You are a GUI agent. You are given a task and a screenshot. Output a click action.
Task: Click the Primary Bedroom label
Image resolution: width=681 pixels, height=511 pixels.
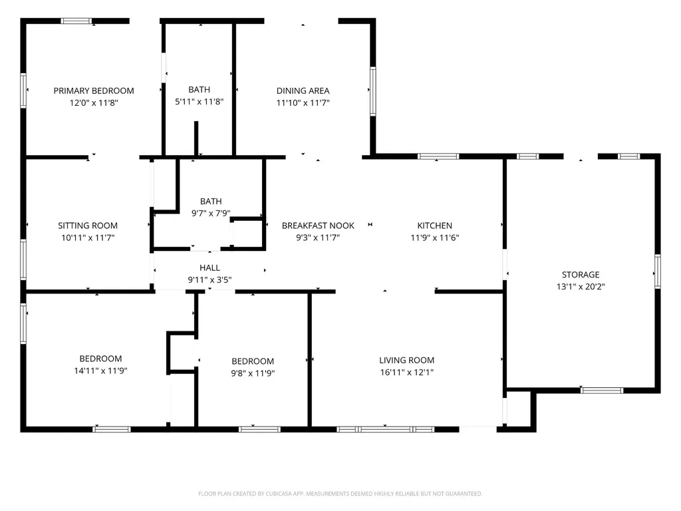(x=94, y=90)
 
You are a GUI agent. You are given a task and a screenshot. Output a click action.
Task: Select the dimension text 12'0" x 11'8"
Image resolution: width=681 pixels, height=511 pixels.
(x=94, y=103)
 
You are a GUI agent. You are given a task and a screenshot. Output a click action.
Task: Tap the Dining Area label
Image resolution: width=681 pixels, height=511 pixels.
(x=303, y=90)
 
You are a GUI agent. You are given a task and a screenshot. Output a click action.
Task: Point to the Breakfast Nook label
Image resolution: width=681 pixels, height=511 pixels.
(x=318, y=226)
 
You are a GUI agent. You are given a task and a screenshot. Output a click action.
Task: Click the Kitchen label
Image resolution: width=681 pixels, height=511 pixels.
(x=435, y=226)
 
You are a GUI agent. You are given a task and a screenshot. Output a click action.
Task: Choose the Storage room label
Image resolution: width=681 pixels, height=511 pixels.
(x=581, y=275)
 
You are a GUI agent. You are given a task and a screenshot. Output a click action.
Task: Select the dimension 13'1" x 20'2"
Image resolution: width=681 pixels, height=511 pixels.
(x=581, y=287)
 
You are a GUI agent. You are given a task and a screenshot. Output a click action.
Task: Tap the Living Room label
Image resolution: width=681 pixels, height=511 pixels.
(x=406, y=360)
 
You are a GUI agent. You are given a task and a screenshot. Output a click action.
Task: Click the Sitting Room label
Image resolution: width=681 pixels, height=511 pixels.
(x=88, y=226)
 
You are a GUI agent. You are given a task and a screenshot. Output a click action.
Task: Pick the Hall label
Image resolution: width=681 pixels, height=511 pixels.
(x=209, y=267)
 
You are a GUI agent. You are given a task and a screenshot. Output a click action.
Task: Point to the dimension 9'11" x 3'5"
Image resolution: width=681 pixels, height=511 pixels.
(x=209, y=280)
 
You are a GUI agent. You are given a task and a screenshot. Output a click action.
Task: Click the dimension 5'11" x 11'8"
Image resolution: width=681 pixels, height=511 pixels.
(x=200, y=102)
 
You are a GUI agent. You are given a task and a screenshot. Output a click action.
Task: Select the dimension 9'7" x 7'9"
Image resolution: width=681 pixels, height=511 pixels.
(x=211, y=214)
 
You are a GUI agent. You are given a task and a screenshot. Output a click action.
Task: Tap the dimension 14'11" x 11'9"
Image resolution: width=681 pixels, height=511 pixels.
(x=101, y=371)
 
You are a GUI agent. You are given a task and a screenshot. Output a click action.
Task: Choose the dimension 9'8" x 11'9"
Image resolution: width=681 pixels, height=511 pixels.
(x=253, y=373)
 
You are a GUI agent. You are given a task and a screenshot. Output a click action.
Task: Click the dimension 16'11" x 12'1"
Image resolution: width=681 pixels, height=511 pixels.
(x=407, y=373)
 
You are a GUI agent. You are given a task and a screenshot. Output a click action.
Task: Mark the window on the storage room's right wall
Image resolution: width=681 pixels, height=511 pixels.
(x=658, y=271)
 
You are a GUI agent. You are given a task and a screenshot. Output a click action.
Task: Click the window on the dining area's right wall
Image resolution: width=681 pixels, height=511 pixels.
(x=372, y=91)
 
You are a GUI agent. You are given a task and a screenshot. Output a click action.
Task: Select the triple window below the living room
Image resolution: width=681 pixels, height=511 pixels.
(x=385, y=430)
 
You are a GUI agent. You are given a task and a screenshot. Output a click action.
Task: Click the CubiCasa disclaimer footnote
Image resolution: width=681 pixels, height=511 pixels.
(x=340, y=494)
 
